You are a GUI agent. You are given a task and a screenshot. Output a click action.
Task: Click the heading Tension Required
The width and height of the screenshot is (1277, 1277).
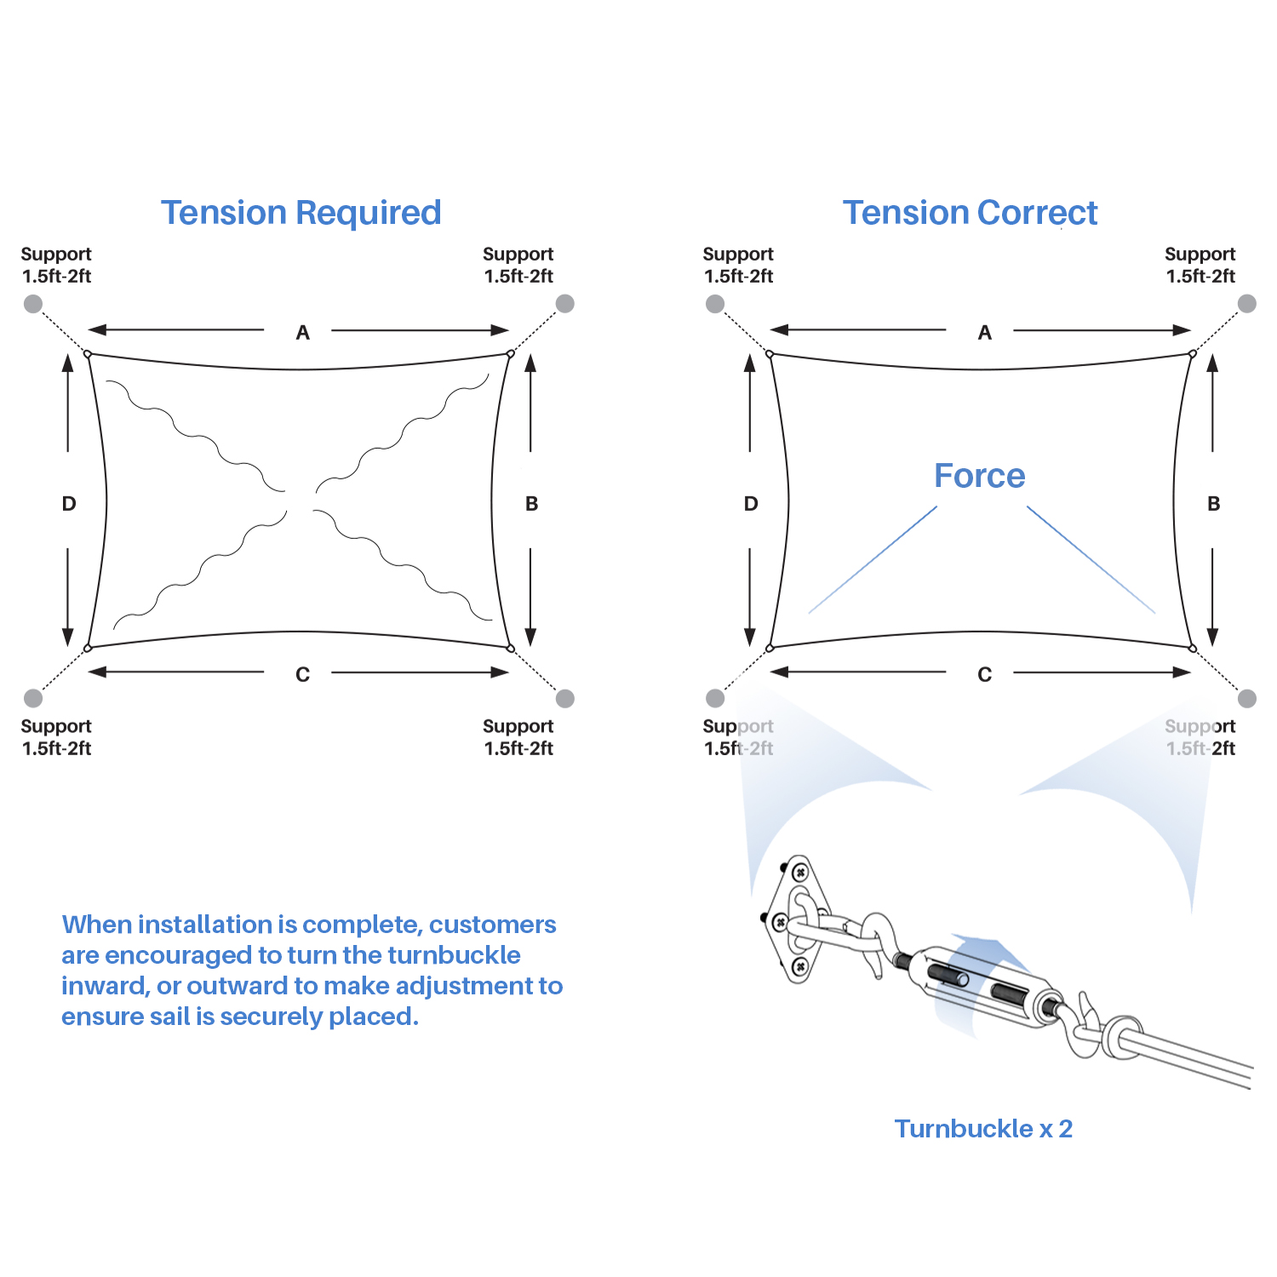[x=301, y=213]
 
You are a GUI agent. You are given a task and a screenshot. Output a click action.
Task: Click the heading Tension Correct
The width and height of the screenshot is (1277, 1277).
[x=970, y=213]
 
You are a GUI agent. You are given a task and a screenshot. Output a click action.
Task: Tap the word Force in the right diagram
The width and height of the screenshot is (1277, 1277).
[x=979, y=476]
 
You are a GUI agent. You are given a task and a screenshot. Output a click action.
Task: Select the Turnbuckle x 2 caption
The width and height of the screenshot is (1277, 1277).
[x=983, y=1129]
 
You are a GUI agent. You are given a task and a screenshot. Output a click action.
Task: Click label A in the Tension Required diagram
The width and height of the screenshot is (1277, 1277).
[x=302, y=333]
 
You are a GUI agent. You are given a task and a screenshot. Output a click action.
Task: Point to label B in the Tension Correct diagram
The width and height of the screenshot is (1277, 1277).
[x=1214, y=504]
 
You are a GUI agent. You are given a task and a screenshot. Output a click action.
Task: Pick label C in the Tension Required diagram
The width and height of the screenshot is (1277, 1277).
[x=302, y=675]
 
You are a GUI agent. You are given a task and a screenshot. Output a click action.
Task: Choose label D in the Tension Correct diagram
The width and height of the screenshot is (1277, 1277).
[x=751, y=504]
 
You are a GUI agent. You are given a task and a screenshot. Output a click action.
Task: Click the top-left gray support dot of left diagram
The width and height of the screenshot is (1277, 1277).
[x=33, y=304]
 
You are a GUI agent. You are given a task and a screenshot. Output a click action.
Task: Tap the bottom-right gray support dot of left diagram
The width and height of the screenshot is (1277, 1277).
[x=565, y=699]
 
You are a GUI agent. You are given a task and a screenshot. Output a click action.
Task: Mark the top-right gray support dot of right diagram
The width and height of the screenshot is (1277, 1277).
[x=1247, y=304]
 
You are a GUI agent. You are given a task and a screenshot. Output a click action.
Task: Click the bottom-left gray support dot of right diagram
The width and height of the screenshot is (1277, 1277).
[x=715, y=699]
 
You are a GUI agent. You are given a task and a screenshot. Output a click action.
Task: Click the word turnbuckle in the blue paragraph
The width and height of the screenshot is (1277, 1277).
[x=454, y=955]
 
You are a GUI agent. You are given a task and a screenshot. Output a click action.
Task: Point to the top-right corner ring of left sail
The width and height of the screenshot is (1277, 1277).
[x=511, y=353]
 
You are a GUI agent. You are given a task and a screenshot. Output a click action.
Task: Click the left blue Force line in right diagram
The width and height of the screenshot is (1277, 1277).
[x=873, y=559]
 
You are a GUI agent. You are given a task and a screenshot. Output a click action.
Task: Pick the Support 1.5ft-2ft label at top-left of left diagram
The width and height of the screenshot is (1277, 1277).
[x=56, y=265]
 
